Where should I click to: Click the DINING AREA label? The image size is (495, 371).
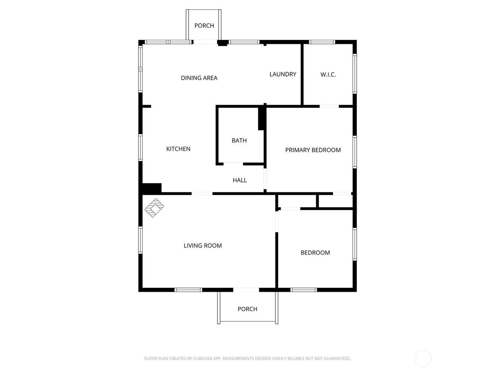(199, 78)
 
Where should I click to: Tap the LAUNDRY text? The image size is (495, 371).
(283, 74)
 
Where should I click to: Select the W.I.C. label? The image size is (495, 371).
(328, 75)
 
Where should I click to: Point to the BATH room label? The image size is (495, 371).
(239, 141)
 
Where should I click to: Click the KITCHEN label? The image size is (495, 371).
(178, 149)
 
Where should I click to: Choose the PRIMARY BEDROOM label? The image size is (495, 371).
(313, 150)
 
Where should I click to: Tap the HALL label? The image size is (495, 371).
(240, 180)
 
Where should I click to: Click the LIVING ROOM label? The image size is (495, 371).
(203, 245)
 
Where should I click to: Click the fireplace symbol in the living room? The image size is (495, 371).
(154, 208)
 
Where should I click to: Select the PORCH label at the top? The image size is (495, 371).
(204, 26)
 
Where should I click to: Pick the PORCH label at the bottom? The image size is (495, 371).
(247, 309)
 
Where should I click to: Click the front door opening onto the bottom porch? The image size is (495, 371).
(246, 290)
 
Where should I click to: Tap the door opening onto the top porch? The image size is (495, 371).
(205, 42)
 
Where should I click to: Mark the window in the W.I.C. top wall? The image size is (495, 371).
(322, 42)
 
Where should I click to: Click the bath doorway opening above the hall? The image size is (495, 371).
(233, 164)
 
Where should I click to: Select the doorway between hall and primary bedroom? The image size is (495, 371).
(265, 179)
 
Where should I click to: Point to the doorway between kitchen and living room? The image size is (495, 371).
(202, 194)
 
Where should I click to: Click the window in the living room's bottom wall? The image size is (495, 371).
(188, 290)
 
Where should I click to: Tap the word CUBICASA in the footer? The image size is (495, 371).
(202, 358)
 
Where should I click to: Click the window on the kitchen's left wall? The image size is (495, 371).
(140, 148)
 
